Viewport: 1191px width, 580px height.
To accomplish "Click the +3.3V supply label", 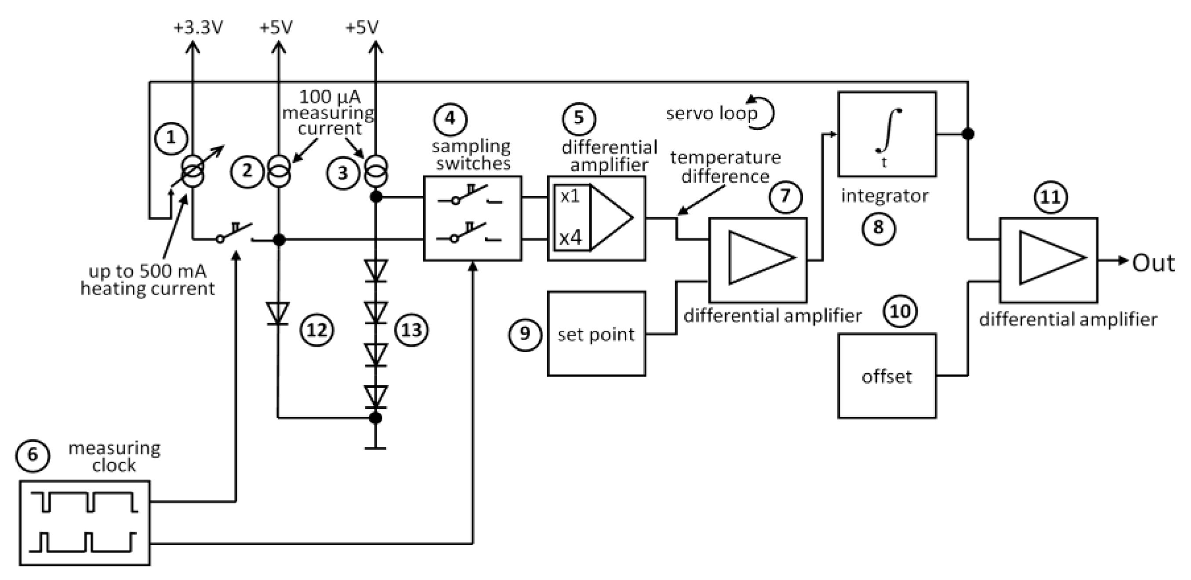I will point(198,28).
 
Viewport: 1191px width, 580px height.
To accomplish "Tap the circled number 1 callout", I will point(171,138).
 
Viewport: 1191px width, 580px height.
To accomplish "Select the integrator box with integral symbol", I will point(887,134).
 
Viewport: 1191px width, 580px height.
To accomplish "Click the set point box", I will point(596,334).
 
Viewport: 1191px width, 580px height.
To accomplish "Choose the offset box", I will point(887,376).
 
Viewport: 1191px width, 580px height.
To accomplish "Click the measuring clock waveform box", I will point(85,523).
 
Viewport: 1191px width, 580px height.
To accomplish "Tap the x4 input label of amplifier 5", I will point(570,238).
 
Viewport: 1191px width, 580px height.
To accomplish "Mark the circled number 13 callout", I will point(411,330).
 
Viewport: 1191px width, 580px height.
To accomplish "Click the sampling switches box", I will point(472,218).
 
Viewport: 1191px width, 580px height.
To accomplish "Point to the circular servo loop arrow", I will point(763,113).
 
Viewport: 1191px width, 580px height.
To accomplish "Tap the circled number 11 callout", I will point(1050,197).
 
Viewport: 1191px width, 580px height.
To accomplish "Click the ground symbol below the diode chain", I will point(375,447).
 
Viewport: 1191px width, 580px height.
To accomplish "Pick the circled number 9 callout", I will point(525,334).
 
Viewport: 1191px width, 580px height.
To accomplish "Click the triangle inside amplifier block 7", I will point(761,258).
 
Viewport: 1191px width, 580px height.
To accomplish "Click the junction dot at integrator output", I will point(968,134).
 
